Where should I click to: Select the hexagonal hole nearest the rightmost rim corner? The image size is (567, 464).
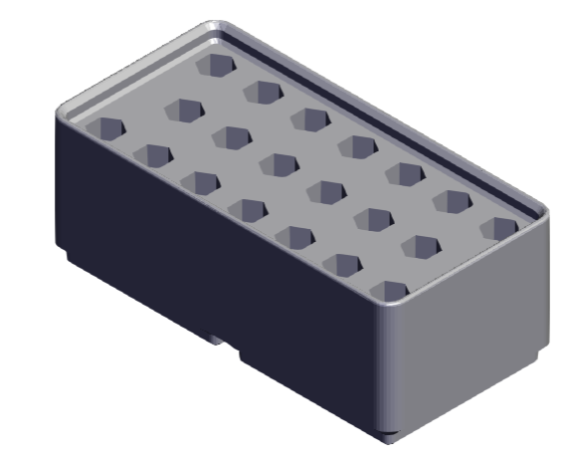click(501, 228)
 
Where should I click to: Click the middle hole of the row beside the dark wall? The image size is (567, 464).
click(248, 208)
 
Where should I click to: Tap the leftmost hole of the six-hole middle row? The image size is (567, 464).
click(184, 108)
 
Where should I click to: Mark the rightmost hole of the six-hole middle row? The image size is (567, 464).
click(421, 246)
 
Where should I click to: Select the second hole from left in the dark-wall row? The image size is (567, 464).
click(153, 154)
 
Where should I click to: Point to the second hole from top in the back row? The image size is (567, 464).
click(264, 93)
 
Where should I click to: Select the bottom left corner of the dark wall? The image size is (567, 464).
click(68, 261)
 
